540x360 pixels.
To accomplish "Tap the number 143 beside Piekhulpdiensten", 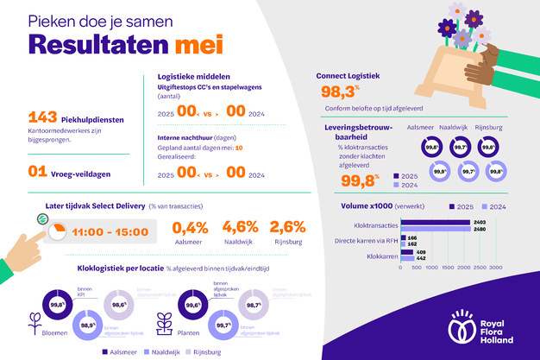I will pyautogui.click(x=43, y=118).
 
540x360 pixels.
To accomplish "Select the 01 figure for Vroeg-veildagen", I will pyautogui.click(x=36, y=171).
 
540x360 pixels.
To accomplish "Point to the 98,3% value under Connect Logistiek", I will pyautogui.click(x=338, y=92).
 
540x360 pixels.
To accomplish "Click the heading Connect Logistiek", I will pyautogui.click(x=354, y=75).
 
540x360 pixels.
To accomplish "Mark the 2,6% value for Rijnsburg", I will pyautogui.click(x=288, y=228).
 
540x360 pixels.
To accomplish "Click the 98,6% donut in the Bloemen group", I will pyautogui.click(x=118, y=303).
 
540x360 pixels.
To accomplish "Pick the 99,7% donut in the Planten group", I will pyautogui.click(x=222, y=325).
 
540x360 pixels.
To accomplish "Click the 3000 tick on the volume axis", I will pyautogui.click(x=496, y=268).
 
